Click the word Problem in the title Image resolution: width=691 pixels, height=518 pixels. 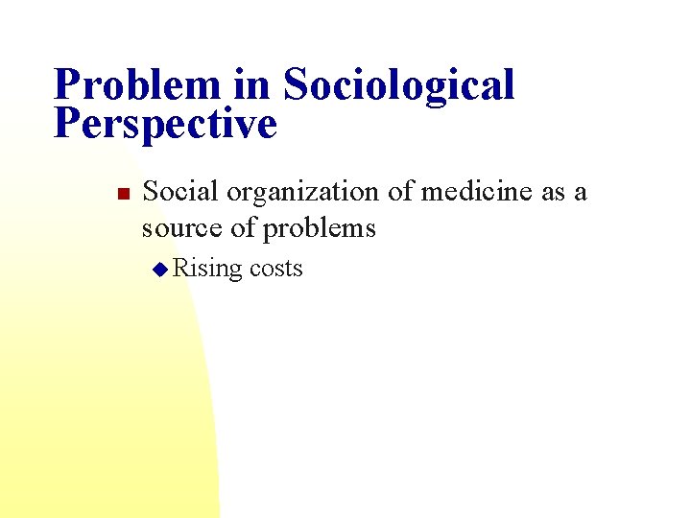pyautogui.click(x=137, y=84)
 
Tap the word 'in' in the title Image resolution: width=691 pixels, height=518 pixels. pyautogui.click(x=250, y=84)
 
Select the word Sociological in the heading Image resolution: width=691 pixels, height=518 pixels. pyautogui.click(x=398, y=84)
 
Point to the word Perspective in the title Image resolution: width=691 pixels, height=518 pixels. pyautogui.click(x=165, y=124)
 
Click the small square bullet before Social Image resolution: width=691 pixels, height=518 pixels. pyautogui.click(x=122, y=195)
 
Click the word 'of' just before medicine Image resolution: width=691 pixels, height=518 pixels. pyautogui.click(x=404, y=192)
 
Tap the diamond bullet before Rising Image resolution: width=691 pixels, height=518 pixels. pyautogui.click(x=160, y=270)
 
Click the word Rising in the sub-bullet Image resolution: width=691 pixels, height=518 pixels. pyautogui.click(x=208, y=269)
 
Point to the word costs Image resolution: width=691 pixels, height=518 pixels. pyautogui.click(x=275, y=269)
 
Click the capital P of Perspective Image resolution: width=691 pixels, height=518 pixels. pyautogui.click(x=67, y=124)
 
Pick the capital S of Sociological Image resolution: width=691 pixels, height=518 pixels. pyautogui.click(x=297, y=84)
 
